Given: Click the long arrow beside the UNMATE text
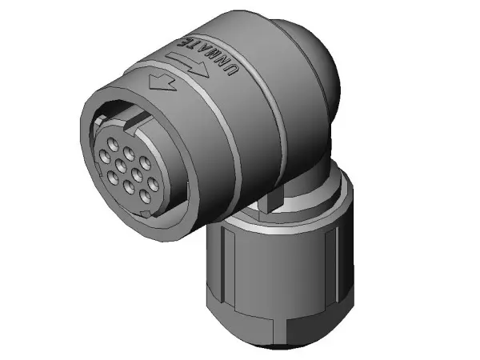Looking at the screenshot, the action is (187, 64).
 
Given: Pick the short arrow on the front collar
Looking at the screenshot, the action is (162, 83).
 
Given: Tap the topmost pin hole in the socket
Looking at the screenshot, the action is (113, 143).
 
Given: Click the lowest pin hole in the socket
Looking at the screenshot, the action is (145, 196).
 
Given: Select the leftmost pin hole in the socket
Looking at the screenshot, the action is (106, 156).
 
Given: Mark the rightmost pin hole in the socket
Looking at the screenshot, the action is (153, 184).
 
